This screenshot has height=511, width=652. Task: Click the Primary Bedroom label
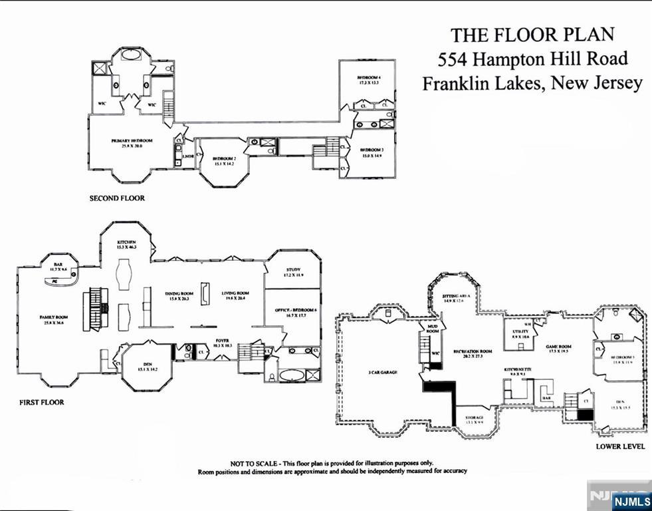(132, 142)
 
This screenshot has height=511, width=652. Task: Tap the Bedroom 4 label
(367, 79)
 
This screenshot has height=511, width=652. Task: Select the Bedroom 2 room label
(225, 159)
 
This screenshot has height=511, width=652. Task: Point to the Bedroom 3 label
(372, 151)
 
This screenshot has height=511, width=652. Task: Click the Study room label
(293, 270)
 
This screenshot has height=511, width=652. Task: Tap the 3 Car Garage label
(382, 373)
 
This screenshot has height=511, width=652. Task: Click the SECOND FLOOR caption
(117, 198)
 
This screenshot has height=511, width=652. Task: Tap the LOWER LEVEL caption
(619, 446)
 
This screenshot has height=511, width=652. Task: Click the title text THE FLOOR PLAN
(533, 35)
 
